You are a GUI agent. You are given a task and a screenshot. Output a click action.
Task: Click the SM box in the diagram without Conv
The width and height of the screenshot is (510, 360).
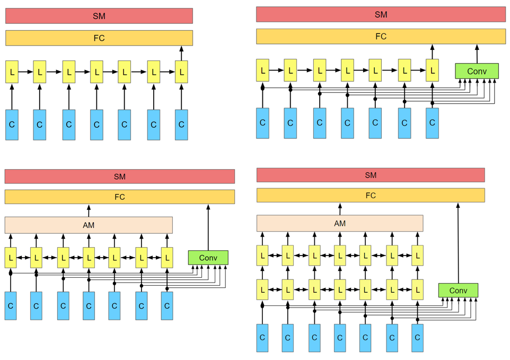pyautogui.click(x=99, y=16)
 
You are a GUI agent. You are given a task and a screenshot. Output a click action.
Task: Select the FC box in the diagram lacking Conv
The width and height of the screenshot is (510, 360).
pyautogui.click(x=99, y=38)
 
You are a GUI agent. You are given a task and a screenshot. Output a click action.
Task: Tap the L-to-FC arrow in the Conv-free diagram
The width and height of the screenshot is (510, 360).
pyautogui.click(x=181, y=54)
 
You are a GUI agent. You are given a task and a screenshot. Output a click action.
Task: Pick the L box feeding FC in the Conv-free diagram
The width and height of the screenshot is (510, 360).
pyautogui.click(x=181, y=72)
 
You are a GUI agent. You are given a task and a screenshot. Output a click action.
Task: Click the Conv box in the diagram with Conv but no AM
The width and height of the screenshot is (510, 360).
pyautogui.click(x=477, y=71)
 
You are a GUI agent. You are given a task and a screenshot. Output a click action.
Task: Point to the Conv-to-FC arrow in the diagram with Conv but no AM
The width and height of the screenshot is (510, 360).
pyautogui.click(x=477, y=54)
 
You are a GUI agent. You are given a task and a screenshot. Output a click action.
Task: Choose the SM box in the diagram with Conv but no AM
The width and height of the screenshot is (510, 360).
pyautogui.click(x=381, y=14)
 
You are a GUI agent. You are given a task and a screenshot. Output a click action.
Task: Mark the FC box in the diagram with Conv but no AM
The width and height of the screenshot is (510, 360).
pyautogui.click(x=381, y=37)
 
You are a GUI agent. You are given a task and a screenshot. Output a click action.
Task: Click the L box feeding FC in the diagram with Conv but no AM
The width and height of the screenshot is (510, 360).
pyautogui.click(x=432, y=70)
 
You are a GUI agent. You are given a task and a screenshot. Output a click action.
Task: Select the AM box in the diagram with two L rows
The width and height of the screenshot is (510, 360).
pyautogui.click(x=340, y=223)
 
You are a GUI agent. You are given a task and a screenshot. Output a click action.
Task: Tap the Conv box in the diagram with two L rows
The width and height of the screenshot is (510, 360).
pyautogui.click(x=458, y=291)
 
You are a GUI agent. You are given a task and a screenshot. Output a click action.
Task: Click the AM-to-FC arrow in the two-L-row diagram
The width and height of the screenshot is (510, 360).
pyautogui.click(x=340, y=209)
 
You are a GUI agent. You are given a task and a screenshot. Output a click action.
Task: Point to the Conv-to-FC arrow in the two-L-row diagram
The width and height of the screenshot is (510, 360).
pyautogui.click(x=458, y=243)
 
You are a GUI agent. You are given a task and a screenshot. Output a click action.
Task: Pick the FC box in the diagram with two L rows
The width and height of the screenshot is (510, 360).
pyautogui.click(x=371, y=196)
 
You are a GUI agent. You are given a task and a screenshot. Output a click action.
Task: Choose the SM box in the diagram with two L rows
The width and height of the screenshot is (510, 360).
pyautogui.click(x=371, y=175)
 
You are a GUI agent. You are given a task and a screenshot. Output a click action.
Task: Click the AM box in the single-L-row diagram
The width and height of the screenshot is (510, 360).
pyautogui.click(x=89, y=225)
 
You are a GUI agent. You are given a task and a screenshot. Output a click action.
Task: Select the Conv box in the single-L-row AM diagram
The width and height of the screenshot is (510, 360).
pyautogui.click(x=208, y=258)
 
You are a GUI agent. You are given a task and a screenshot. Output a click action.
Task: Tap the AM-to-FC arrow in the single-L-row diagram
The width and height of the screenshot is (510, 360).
pyautogui.click(x=89, y=210)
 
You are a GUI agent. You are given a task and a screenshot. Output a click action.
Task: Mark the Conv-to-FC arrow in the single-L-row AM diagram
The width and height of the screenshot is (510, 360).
pyautogui.click(x=208, y=227)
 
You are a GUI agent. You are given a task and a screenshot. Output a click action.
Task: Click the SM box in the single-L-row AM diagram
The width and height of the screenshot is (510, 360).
pyautogui.click(x=120, y=177)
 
